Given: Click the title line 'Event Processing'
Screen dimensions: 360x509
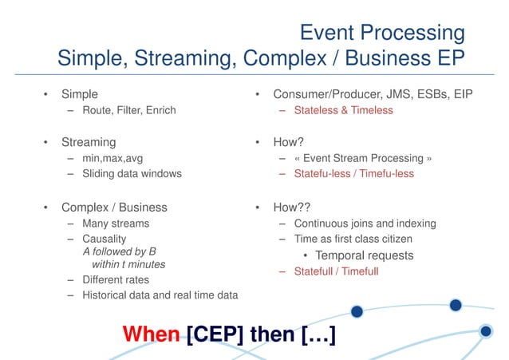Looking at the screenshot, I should point(381,33).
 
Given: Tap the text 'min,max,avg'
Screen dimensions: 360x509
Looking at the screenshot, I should point(112,158).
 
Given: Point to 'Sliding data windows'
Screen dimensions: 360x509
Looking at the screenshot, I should point(132,173).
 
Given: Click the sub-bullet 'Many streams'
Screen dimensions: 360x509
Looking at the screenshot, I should point(116,224).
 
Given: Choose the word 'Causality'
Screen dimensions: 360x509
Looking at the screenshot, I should point(105,239).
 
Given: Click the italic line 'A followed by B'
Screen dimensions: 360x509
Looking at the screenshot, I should point(120,251).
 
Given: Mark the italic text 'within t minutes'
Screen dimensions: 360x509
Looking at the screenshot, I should point(128,264).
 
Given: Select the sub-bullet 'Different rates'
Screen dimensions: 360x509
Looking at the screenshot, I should point(116,280).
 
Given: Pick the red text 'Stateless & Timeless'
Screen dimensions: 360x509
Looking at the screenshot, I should point(343,110).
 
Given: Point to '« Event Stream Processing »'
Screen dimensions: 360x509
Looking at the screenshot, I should point(363,158).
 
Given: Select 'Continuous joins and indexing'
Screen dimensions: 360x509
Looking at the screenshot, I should point(365,224).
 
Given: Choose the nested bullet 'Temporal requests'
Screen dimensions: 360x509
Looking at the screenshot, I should point(365,255).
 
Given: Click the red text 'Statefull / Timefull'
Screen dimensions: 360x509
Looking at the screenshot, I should point(336,271).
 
